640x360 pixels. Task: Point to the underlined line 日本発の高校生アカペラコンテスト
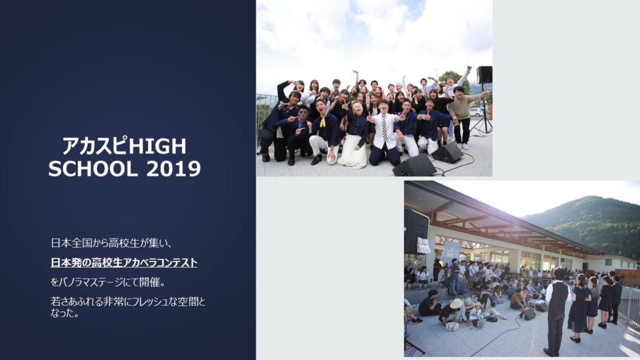[124, 262]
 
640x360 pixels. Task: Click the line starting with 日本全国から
[111, 243]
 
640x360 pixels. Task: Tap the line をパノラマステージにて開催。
[107, 282]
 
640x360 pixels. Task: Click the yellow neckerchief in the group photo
[323, 121]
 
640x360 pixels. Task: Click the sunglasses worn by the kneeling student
[303, 111]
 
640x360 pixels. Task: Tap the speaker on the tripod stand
[484, 75]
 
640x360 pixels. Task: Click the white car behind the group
[476, 112]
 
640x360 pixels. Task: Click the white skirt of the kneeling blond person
[354, 151]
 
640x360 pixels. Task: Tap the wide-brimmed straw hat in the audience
[456, 303]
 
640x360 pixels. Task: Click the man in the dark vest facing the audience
[557, 311]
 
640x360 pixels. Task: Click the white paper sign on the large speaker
[423, 246]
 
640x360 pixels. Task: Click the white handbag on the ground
[452, 326]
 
